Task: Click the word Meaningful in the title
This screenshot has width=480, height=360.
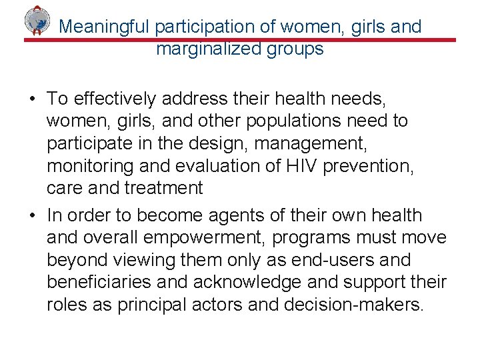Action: (105, 27)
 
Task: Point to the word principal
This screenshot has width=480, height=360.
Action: (151, 305)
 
